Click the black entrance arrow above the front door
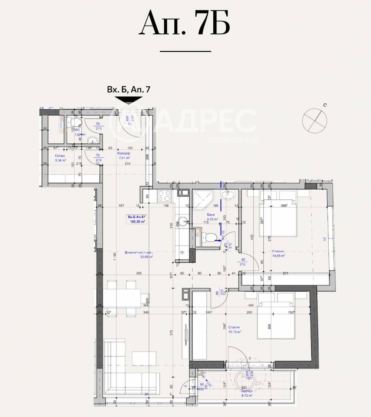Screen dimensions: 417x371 pyautogui.click(x=128, y=100)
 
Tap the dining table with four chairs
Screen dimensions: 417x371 pyautogui.click(x=122, y=298)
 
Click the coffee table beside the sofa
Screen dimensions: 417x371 pyautogui.click(x=143, y=358)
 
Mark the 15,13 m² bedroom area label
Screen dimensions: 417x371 pyautogui.click(x=235, y=332)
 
